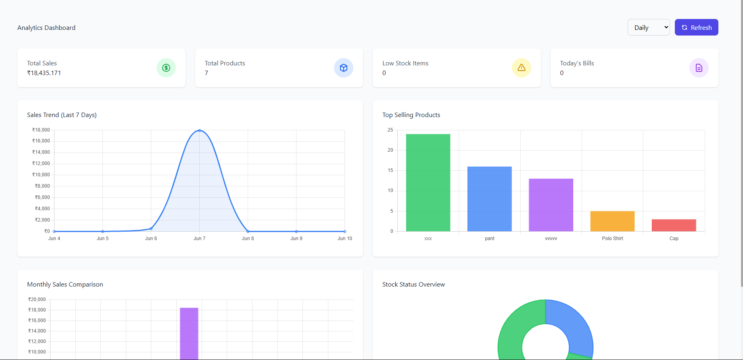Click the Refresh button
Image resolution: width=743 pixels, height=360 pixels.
tap(696, 27)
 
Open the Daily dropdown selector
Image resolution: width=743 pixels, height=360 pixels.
tap(648, 27)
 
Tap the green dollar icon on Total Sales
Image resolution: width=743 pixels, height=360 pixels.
tap(166, 68)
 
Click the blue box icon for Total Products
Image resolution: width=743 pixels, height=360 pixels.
tap(343, 68)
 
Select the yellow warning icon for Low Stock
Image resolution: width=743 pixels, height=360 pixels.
tap(521, 68)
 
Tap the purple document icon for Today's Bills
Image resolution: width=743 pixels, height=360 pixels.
tap(699, 68)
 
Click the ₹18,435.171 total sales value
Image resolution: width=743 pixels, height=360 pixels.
tap(44, 73)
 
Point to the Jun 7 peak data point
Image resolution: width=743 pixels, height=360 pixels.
tap(199, 130)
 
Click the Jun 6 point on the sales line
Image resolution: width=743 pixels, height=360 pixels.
tap(151, 229)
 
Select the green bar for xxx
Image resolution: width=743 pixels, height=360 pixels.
tap(428, 182)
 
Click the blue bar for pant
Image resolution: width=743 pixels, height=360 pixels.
tap(489, 199)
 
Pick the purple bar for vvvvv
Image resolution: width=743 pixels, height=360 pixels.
tap(551, 205)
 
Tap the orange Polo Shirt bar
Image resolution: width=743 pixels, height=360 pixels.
tap(612, 221)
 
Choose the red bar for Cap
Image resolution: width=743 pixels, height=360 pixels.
tap(674, 225)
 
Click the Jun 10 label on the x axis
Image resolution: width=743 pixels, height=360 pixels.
tap(344, 239)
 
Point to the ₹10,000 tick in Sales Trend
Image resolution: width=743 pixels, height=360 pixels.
tap(41, 175)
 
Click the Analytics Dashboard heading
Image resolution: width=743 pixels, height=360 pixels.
tap(46, 28)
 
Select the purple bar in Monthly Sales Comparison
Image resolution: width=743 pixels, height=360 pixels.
tap(189, 333)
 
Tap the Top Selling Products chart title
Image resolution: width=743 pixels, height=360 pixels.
tap(411, 115)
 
